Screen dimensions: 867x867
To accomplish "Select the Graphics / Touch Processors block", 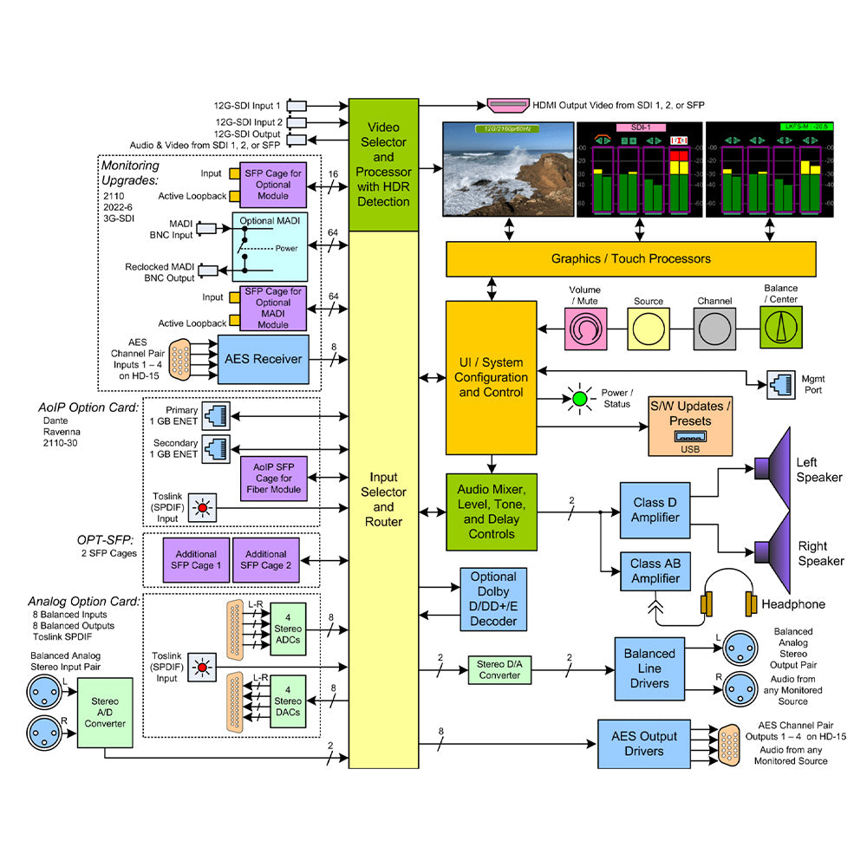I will coord(630,258).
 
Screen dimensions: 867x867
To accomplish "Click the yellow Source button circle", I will coord(649,329).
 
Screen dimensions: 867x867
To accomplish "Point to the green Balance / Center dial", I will coord(782,329).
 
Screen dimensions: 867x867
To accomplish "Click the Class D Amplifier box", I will coord(655,511).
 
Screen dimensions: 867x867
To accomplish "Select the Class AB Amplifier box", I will coord(655,570).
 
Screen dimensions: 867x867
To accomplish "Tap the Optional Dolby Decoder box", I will coord(492,599).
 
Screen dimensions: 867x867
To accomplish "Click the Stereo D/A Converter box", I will coord(499,669).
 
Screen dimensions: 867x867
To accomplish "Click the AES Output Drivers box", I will coord(643,743).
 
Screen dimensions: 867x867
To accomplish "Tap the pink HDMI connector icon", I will coord(511,105).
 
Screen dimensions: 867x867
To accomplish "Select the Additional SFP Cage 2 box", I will coord(265,560).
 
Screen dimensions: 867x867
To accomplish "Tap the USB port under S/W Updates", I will coord(690,438).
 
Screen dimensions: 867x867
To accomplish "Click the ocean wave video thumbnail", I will coord(508,171).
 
